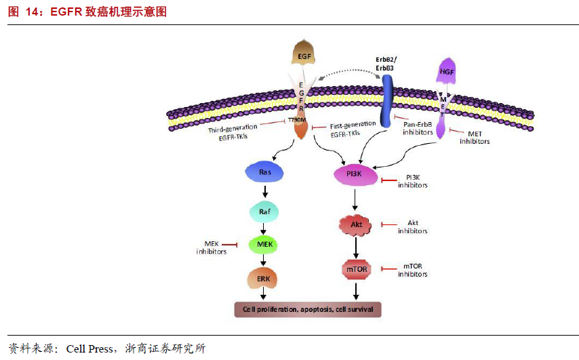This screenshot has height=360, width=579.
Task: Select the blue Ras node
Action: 264,172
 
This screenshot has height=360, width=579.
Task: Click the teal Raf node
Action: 264,212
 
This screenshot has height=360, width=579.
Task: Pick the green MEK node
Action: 264,245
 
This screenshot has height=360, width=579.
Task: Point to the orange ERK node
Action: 262,279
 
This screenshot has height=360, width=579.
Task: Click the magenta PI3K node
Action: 355,175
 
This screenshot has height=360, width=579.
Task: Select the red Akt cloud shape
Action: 355,225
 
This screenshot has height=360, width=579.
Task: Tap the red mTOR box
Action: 357,270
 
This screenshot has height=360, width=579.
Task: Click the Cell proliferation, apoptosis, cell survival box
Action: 308,309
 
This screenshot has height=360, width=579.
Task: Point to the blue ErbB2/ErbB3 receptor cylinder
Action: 386,101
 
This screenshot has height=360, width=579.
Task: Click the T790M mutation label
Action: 297,120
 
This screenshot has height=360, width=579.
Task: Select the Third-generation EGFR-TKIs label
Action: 233,132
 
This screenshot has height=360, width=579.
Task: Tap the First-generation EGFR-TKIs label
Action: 353,129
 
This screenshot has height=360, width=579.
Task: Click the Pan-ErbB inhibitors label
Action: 418,129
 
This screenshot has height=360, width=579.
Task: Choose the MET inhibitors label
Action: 475,138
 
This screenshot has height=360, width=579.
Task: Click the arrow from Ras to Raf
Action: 265,191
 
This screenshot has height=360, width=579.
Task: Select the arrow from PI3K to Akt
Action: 355,200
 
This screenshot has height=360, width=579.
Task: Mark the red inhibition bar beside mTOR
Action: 389,268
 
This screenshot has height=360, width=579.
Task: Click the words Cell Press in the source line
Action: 89,349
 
